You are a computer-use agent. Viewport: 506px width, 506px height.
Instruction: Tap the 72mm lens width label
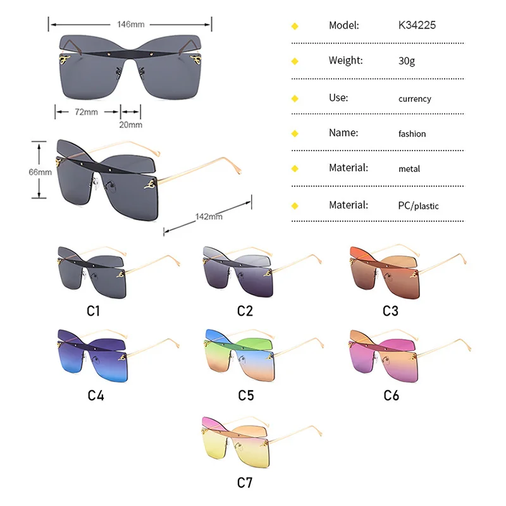tap(87, 112)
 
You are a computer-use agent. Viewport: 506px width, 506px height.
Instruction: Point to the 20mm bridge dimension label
tap(131, 124)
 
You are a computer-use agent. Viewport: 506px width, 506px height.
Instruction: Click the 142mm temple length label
tap(209, 216)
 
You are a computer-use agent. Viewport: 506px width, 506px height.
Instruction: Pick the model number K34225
tap(417, 25)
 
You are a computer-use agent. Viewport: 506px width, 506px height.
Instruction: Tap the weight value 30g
tap(407, 61)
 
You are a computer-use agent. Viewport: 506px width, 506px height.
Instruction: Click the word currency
tap(415, 99)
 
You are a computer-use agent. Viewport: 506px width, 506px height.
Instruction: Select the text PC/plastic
tap(419, 206)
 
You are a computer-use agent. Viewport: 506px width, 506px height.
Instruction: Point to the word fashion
tap(412, 134)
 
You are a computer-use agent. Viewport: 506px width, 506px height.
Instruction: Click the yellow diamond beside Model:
tap(294, 26)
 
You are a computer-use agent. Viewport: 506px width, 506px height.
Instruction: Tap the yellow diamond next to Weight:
tap(294, 61)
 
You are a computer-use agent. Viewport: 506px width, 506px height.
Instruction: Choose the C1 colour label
tap(94, 311)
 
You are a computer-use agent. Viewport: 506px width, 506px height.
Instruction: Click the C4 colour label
tap(96, 396)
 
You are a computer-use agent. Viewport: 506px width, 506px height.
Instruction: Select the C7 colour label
tap(245, 483)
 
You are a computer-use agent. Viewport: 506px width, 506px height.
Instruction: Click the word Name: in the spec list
tap(343, 133)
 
